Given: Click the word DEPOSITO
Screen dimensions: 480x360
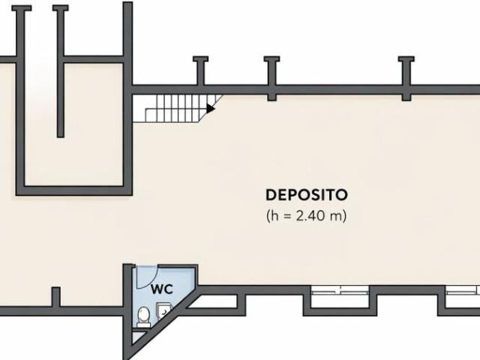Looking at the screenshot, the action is pos(307,195).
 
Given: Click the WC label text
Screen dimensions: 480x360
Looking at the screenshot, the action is pos(162,289).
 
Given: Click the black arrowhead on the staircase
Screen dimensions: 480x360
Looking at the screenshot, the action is pos(210,108).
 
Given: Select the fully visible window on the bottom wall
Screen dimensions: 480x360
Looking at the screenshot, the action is pos(340,290).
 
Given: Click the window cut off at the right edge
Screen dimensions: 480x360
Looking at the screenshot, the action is pos(463,290).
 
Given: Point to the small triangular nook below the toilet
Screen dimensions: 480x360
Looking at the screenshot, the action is pos(136,337).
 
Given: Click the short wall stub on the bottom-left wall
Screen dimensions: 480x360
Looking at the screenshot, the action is pos(55,297).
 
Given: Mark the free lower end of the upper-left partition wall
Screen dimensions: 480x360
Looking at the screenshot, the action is pos(61,135).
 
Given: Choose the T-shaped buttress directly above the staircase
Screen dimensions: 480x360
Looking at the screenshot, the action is pos(200,70).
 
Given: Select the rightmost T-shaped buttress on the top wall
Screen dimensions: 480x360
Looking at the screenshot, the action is pos(406,78).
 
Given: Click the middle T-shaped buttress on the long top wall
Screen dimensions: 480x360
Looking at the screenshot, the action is pos(271,78).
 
